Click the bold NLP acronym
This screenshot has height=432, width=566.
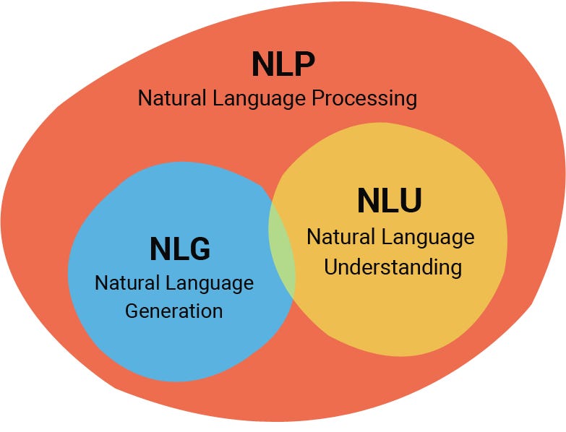click(283, 64)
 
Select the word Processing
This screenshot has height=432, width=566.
click(364, 98)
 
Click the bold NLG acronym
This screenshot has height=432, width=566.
click(180, 249)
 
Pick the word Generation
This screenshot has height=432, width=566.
click(173, 311)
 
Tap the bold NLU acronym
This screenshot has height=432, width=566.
click(389, 202)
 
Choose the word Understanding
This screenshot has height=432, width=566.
click(393, 267)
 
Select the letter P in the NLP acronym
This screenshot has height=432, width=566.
click(304, 64)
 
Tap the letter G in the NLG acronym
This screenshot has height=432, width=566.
click(198, 249)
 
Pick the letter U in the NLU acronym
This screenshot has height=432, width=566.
click(408, 202)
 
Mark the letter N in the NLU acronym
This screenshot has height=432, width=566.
click(369, 202)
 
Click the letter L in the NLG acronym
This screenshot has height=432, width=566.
click(179, 249)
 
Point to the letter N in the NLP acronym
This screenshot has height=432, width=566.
click(263, 64)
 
